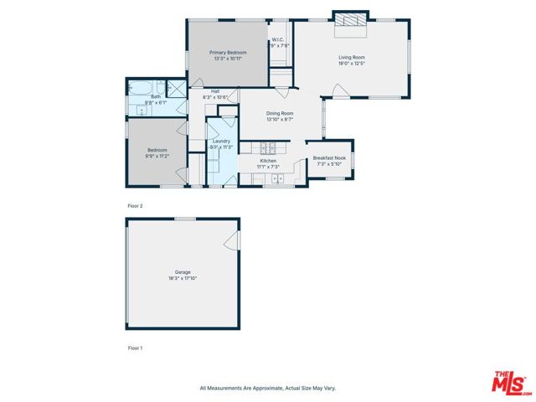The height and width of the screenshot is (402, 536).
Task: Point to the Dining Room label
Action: tap(279, 116)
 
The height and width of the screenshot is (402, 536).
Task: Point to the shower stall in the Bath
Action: tap(176, 88)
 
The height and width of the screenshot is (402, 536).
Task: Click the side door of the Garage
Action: tap(232, 242)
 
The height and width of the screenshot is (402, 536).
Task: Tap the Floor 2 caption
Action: tap(135, 205)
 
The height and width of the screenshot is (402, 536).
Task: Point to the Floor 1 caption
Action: tap(135, 347)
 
